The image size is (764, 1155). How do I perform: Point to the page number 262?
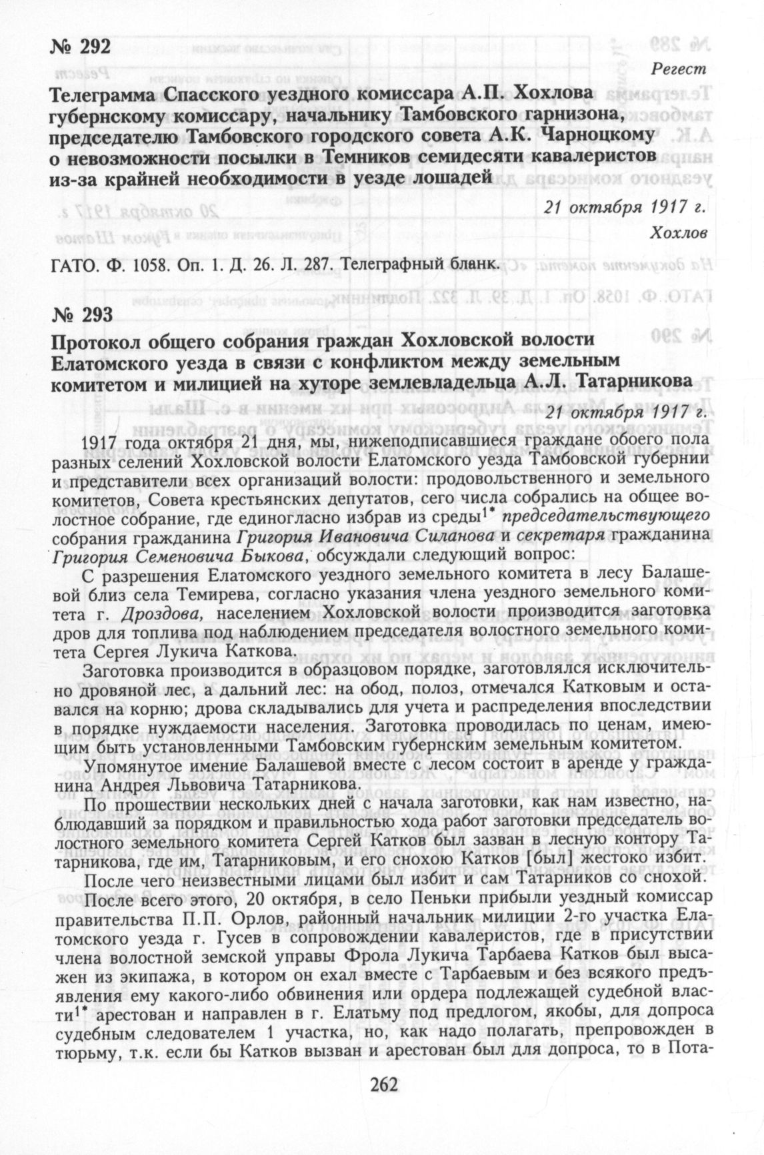pos(381,1085)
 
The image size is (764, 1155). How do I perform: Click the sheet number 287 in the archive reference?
pos(318,264)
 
